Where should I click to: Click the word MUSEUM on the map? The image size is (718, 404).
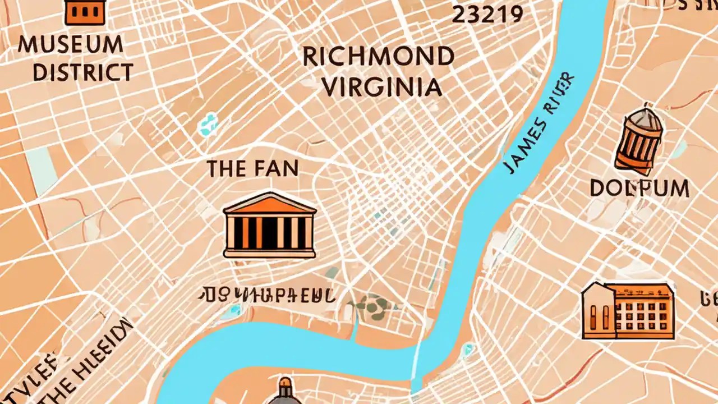point(70,44)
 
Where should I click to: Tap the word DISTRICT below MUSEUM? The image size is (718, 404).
point(83,72)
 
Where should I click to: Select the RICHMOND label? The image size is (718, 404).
point(378,57)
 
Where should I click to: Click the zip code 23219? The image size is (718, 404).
point(487,15)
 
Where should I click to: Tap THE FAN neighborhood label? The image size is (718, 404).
point(252,168)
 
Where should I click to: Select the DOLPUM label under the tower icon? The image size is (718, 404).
point(639,189)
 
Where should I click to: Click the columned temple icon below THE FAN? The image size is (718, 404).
point(269,226)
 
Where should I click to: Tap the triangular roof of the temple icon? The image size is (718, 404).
point(269,203)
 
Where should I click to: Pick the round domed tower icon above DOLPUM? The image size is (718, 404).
point(638,138)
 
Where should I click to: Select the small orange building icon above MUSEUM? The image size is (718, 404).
point(85,12)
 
